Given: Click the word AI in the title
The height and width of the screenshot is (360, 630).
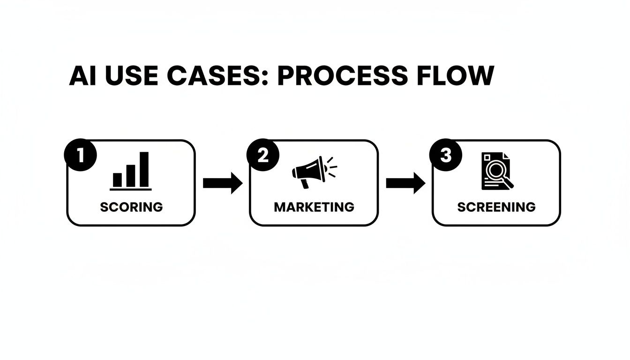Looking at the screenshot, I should coord(83,76).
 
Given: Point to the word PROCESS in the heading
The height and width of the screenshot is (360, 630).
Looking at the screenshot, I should coord(343,76).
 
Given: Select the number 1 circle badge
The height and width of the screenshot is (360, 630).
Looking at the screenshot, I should coord(81,155).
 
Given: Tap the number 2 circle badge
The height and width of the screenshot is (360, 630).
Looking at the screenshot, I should coord(263,155).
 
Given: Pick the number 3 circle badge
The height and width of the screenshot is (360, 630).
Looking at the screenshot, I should coord(446,155).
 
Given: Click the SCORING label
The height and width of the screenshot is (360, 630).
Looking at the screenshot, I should coord(131,207).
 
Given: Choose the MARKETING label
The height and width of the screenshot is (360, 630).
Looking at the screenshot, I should coord(314,207).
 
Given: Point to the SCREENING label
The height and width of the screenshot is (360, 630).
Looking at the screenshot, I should coord(496,207).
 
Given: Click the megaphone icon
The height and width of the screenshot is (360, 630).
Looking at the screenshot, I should coord(310,171).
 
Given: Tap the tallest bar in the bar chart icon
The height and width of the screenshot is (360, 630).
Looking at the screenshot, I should coord(144,169).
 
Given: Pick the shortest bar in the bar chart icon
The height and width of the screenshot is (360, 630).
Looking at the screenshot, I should coord(117,180).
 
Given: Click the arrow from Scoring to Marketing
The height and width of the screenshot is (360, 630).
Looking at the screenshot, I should coord(223,183).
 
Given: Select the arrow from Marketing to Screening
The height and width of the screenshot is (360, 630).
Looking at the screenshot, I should coord(405,183).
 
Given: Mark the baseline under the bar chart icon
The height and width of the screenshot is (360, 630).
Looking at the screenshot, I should coord(131,189).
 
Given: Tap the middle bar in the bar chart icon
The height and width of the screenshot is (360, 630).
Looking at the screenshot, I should coord(131,175).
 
